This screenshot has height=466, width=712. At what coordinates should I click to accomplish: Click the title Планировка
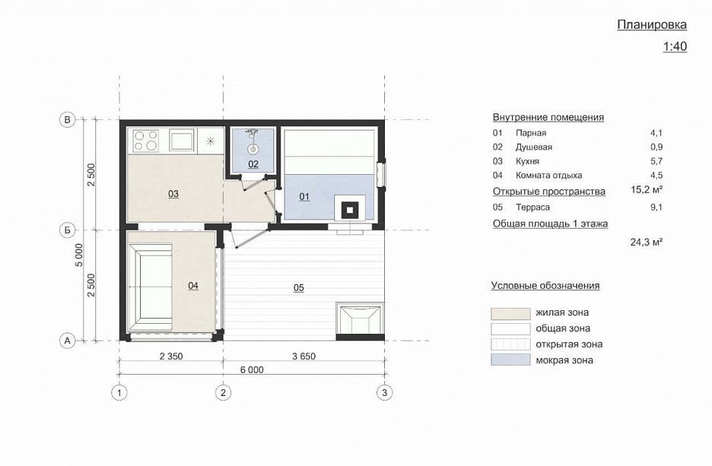(x=652, y=24)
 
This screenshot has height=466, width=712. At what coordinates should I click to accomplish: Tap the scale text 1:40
(x=675, y=46)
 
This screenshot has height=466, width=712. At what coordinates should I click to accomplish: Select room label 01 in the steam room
(x=304, y=196)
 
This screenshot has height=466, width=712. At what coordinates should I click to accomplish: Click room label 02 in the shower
(x=253, y=163)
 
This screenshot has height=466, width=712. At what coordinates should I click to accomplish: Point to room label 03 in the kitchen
(x=173, y=194)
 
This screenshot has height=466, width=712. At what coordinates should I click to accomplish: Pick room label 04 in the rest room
(x=193, y=285)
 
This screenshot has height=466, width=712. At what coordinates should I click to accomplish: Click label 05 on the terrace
(x=299, y=287)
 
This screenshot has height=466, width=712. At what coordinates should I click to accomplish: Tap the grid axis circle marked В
(x=67, y=120)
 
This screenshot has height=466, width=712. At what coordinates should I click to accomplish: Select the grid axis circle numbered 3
(x=385, y=392)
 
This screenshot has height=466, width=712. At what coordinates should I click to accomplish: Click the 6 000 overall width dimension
(x=252, y=369)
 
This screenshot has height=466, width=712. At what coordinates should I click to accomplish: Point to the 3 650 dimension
(x=304, y=357)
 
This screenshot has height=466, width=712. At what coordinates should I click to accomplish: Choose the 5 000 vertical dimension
(x=79, y=255)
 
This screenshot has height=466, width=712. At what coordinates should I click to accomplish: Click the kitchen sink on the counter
(x=183, y=140)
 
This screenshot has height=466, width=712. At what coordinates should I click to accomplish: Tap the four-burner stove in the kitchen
(x=146, y=140)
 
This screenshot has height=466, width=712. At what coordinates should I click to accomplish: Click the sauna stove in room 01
(x=350, y=210)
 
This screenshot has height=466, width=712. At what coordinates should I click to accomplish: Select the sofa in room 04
(x=151, y=287)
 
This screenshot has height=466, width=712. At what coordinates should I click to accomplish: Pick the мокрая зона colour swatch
(x=510, y=360)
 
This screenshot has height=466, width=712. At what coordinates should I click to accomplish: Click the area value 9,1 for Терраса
(x=656, y=208)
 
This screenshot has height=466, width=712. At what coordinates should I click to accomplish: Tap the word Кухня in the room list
(x=527, y=161)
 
